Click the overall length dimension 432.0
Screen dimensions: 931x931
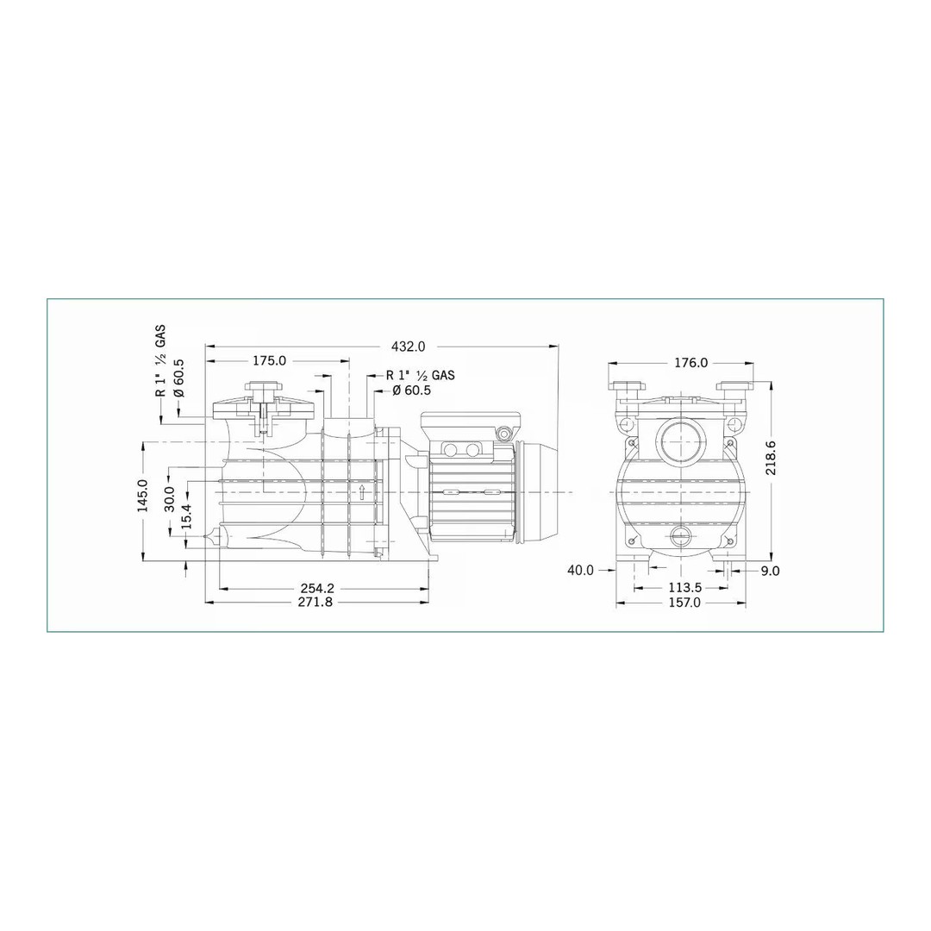click(408, 347)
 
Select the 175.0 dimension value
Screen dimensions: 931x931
click(269, 361)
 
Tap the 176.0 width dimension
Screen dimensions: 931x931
click(690, 363)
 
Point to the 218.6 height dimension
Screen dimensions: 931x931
click(771, 457)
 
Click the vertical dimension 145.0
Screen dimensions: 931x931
click(143, 496)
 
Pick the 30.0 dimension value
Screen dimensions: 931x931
click(170, 497)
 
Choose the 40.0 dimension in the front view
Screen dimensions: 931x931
click(580, 570)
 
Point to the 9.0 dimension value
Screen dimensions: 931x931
click(771, 570)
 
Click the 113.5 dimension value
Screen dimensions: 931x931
click(685, 588)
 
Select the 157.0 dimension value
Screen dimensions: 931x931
click(684, 603)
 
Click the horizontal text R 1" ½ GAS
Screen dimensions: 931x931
click(420, 375)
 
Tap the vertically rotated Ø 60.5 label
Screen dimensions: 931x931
click(179, 377)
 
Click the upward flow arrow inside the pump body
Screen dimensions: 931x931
click(363, 491)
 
